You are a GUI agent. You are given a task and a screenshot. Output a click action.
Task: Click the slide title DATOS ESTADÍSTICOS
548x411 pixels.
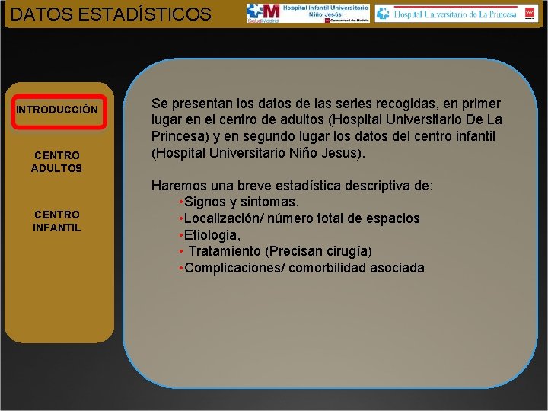click(111, 14)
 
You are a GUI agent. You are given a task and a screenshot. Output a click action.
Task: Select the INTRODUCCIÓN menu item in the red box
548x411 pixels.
click(57, 110)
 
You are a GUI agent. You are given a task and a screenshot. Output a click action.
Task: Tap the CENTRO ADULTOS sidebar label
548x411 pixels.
click(57, 161)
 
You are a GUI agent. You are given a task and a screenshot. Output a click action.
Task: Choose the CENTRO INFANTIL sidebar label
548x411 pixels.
click(57, 221)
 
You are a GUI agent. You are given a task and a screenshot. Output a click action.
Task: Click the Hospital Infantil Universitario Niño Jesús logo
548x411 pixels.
click(307, 13)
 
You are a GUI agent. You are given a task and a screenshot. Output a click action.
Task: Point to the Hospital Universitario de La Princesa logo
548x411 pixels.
click(456, 13)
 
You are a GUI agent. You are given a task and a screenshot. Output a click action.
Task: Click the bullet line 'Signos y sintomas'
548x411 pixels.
click(241, 202)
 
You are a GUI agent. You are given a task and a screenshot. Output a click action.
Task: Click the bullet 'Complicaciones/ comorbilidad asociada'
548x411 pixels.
click(304, 268)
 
